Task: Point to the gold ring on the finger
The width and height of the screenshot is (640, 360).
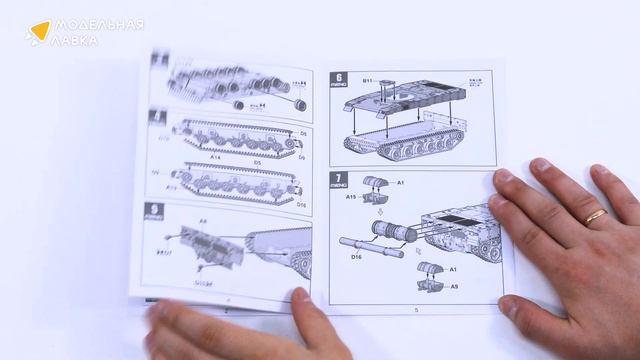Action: click(x=596, y=215)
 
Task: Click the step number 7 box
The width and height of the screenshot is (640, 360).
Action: click(x=339, y=183)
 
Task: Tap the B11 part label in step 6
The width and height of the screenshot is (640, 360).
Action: click(x=369, y=78)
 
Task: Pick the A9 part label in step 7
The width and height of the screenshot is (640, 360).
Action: click(x=454, y=288)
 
